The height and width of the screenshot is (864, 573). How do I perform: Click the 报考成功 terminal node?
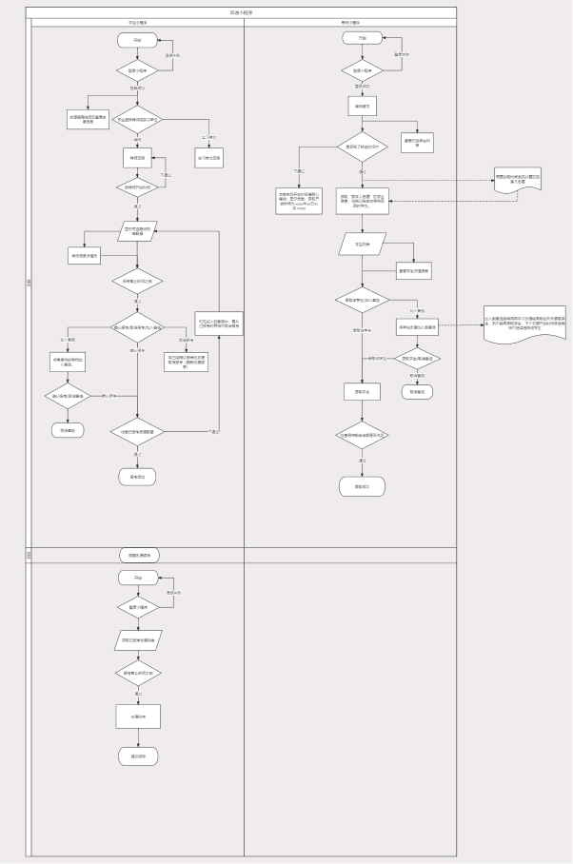137,476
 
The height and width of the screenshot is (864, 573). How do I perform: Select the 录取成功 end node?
362,486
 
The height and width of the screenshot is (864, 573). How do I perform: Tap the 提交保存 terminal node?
137,757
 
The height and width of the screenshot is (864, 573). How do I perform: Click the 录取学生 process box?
362,391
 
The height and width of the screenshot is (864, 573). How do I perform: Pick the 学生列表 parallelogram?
362,244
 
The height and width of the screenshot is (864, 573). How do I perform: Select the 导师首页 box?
362,107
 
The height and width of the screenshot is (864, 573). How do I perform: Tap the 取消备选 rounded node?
420,390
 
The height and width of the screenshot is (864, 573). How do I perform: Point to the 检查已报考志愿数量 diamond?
137,431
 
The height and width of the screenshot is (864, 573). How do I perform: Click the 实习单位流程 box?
209,159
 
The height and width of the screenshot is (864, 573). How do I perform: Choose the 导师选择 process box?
137,157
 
